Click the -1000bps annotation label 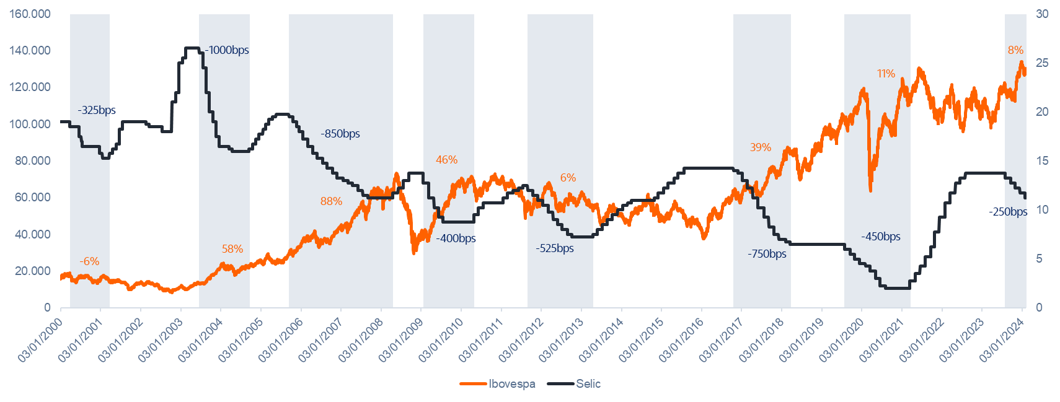pos(227,50)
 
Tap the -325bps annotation pos(97,110)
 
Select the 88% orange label pos(331,201)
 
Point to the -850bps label pos(340,134)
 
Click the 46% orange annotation pos(446,160)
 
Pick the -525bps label pos(554,248)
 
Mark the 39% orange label pos(761,147)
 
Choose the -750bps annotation pos(767,254)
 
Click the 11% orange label pos(886,74)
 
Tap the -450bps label pos(880,237)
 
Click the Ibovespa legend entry pos(511,384)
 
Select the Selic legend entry pos(587,384)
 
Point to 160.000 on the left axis pos(30,14)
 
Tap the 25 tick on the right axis pos(1042,63)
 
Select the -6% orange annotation pos(89,261)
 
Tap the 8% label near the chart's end pos(1015,50)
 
